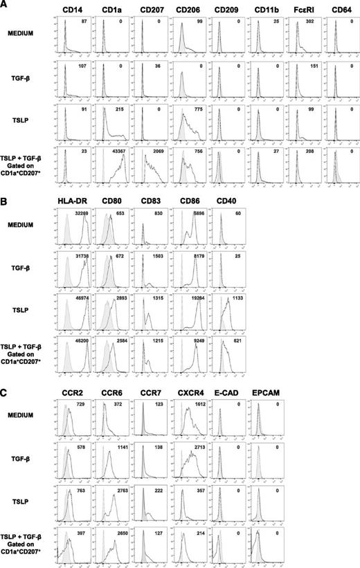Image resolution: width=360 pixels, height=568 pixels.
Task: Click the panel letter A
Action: (x=4, y=5)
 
